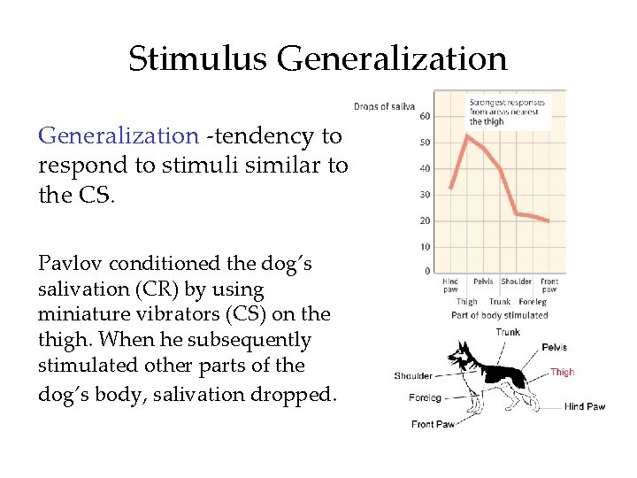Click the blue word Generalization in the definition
(119, 135)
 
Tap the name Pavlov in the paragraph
(65, 264)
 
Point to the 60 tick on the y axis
(425, 117)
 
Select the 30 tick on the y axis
(425, 195)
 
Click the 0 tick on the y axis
(427, 272)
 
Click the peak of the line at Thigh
(467, 135)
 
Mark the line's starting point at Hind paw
(450, 189)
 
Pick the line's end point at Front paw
(549, 221)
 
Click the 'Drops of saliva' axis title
(384, 107)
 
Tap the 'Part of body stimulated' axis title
(499, 315)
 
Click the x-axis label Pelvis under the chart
(483, 282)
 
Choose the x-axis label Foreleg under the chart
(533, 302)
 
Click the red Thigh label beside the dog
(563, 373)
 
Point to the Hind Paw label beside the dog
(584, 407)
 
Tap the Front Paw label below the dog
(433, 425)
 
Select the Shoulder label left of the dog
(413, 376)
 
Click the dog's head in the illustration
(458, 358)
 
